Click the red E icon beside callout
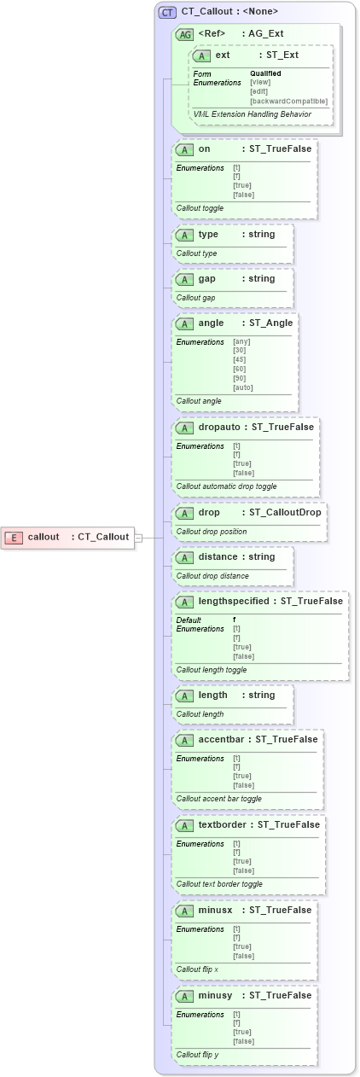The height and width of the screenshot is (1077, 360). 14,537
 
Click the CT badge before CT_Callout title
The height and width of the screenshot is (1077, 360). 167,12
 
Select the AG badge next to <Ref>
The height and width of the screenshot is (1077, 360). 183,34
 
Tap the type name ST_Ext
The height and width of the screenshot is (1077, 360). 282,55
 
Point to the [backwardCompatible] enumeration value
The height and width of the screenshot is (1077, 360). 288,101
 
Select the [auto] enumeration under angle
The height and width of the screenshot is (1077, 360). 243,387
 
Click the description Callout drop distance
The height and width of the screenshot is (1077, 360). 212,576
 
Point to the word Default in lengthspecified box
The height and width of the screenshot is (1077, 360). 189,620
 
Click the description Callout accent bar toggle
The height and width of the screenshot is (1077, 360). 218,799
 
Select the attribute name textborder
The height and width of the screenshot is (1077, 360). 222,825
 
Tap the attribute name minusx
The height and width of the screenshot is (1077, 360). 215,911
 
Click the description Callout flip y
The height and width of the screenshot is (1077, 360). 198,1055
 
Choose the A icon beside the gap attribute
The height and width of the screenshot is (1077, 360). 183,279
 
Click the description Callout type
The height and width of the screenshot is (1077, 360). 197,253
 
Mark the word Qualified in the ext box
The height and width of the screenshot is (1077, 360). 265,73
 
